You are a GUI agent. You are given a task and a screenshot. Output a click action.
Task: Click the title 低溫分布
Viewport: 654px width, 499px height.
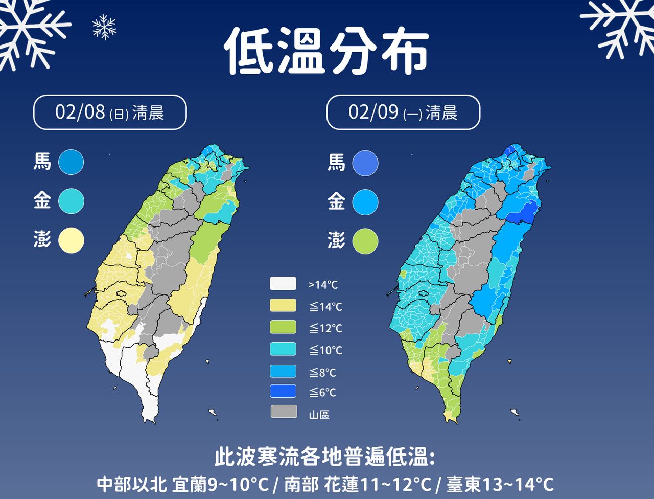tap(326, 50)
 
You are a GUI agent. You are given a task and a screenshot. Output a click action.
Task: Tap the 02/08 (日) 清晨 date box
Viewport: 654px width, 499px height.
tap(110, 112)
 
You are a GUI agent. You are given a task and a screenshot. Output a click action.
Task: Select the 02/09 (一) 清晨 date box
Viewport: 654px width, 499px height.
tap(403, 112)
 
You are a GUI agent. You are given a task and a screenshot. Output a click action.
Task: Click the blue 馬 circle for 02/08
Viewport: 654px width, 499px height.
tap(71, 162)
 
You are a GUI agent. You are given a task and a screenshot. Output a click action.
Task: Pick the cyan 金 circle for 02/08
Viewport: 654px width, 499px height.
tap(71, 201)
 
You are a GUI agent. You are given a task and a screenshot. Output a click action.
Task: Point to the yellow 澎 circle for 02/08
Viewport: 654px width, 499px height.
tap(71, 240)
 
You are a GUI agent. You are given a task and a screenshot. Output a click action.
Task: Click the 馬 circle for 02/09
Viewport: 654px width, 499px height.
tap(365, 163)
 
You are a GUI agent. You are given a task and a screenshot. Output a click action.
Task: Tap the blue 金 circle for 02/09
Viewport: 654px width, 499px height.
tap(365, 201)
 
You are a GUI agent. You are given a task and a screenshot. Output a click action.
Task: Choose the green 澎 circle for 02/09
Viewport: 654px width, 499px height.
tap(365, 241)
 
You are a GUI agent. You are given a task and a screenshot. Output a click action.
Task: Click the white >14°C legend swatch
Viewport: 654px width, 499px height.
tap(283, 284)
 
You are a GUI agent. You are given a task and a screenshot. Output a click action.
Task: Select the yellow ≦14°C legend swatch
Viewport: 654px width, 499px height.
tap(283, 306)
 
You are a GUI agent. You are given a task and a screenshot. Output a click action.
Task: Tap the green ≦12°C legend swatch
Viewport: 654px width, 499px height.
tap(283, 327)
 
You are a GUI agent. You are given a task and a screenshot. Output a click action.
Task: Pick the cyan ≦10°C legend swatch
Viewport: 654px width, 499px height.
tap(283, 349)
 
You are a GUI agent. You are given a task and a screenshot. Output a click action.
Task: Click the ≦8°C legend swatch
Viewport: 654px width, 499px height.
tap(283, 371)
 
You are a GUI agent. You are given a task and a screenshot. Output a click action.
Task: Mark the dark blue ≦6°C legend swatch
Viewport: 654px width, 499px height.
tap(283, 392)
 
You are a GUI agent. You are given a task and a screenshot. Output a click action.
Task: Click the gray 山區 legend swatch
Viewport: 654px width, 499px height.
tap(284, 412)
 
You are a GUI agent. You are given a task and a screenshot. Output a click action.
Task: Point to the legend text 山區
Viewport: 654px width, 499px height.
tap(319, 415)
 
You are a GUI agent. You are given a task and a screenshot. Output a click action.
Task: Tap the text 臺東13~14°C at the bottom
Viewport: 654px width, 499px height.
tap(500, 484)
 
